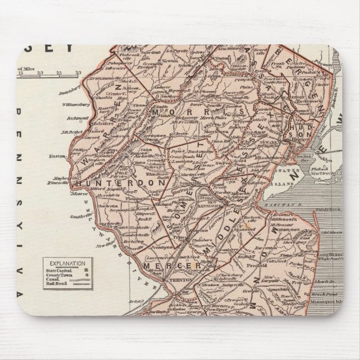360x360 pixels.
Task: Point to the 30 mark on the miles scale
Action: tap(78, 73)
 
